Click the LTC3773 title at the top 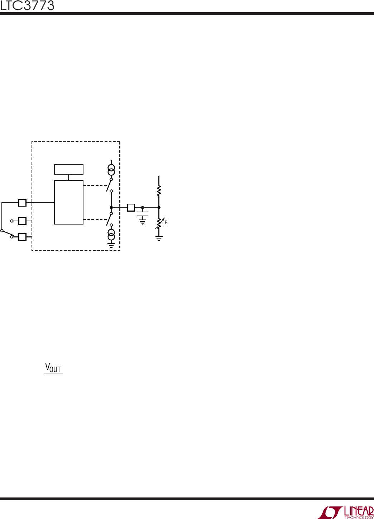[27, 6]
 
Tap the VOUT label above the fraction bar [53, 368]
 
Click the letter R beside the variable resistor [166, 223]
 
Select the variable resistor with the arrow [159, 223]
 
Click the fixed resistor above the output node [159, 191]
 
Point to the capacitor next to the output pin [143, 214]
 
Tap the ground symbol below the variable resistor [159, 239]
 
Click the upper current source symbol [111, 170]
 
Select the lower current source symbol [111, 235]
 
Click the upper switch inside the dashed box [110, 185]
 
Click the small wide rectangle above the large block [68, 169]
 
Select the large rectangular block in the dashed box [69, 202]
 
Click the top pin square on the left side [22, 203]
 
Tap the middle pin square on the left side [22, 221]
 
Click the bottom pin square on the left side [22, 237]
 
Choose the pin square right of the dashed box [131, 207]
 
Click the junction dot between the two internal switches [111, 207]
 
